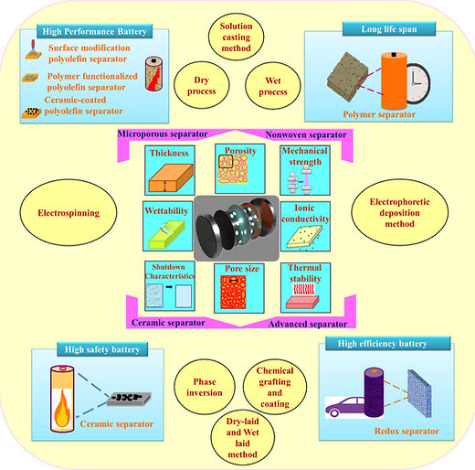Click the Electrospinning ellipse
(69, 212)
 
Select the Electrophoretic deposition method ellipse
(399, 212)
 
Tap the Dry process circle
(202, 85)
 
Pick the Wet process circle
(273, 86)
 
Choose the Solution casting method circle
(236, 37)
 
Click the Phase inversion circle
(205, 387)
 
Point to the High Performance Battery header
(94, 31)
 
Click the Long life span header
(389, 29)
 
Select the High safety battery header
(102, 349)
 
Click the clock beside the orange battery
(418, 83)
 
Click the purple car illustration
(345, 407)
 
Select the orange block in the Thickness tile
(171, 178)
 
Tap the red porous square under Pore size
(233, 292)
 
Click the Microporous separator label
(163, 134)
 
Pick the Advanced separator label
(308, 324)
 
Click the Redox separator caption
(406, 431)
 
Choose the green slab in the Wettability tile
(167, 234)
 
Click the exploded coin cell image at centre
(237, 229)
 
